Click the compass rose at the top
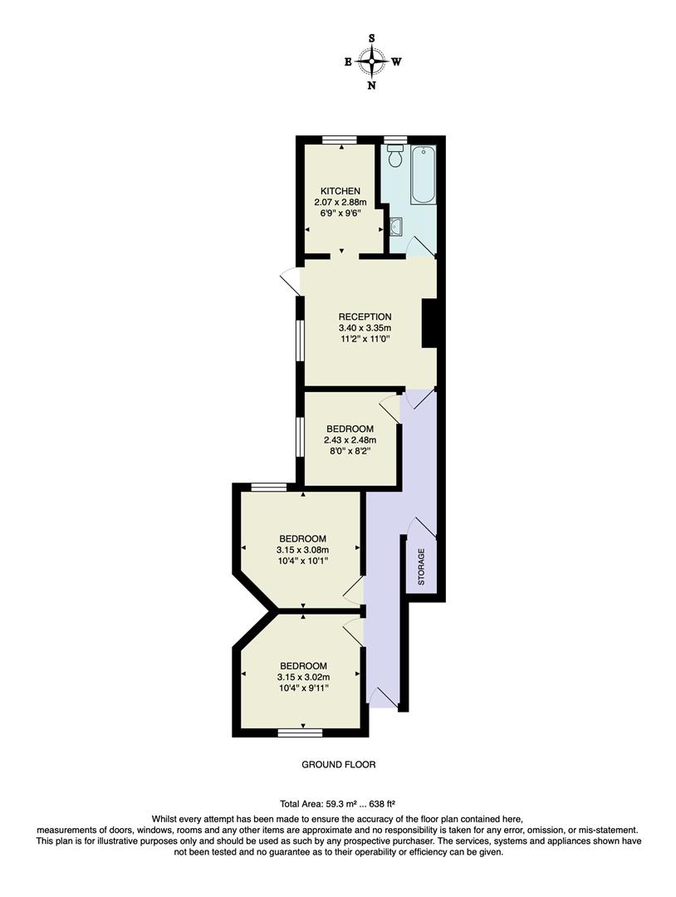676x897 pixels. (x=371, y=61)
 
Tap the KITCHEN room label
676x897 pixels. (x=340, y=191)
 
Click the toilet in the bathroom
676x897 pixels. (x=395, y=155)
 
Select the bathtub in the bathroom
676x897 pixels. (x=424, y=174)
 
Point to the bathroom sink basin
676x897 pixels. (x=397, y=224)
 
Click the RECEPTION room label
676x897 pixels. (x=365, y=316)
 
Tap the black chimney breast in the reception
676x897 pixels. (x=429, y=323)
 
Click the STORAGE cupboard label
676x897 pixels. (x=421, y=566)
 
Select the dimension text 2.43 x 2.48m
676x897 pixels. (x=350, y=440)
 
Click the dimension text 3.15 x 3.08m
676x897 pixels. (x=302, y=549)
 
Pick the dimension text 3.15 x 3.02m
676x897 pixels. (x=302, y=677)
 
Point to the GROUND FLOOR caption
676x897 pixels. (x=339, y=765)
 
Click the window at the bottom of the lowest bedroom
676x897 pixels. (x=300, y=732)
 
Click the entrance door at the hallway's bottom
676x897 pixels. (x=385, y=699)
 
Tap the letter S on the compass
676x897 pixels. (x=371, y=38)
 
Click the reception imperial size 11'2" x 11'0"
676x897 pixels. (x=365, y=338)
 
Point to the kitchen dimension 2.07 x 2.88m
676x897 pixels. (x=340, y=202)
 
